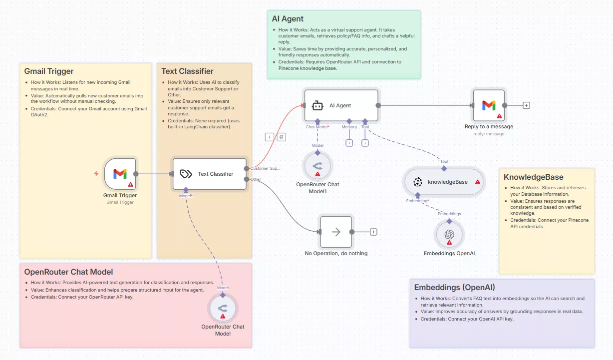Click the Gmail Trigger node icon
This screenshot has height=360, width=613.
click(x=120, y=174)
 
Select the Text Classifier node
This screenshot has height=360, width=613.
click(x=210, y=174)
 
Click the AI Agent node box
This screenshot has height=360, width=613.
click(x=341, y=105)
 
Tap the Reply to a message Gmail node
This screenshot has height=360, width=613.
click(x=489, y=105)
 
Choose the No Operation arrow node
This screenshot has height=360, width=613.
click(x=336, y=232)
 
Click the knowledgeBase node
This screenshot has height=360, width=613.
click(x=444, y=182)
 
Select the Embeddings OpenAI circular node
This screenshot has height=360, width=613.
click(x=449, y=235)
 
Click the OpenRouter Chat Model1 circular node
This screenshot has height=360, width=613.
click(x=317, y=166)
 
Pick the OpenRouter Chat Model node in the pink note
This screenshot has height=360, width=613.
click(x=223, y=309)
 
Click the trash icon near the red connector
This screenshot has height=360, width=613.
click(x=282, y=137)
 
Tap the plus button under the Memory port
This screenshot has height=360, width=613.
click(x=349, y=143)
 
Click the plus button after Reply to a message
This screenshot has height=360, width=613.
click(x=526, y=105)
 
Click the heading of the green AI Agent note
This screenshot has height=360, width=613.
click(x=288, y=19)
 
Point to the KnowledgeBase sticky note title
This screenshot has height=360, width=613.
click(x=533, y=177)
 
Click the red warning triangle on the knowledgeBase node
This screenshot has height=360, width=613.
click(x=478, y=182)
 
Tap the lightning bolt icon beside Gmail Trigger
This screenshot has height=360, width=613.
click(x=96, y=174)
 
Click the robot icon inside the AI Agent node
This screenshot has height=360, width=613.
click(x=317, y=105)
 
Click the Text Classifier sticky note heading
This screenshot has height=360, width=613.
click(x=187, y=71)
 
